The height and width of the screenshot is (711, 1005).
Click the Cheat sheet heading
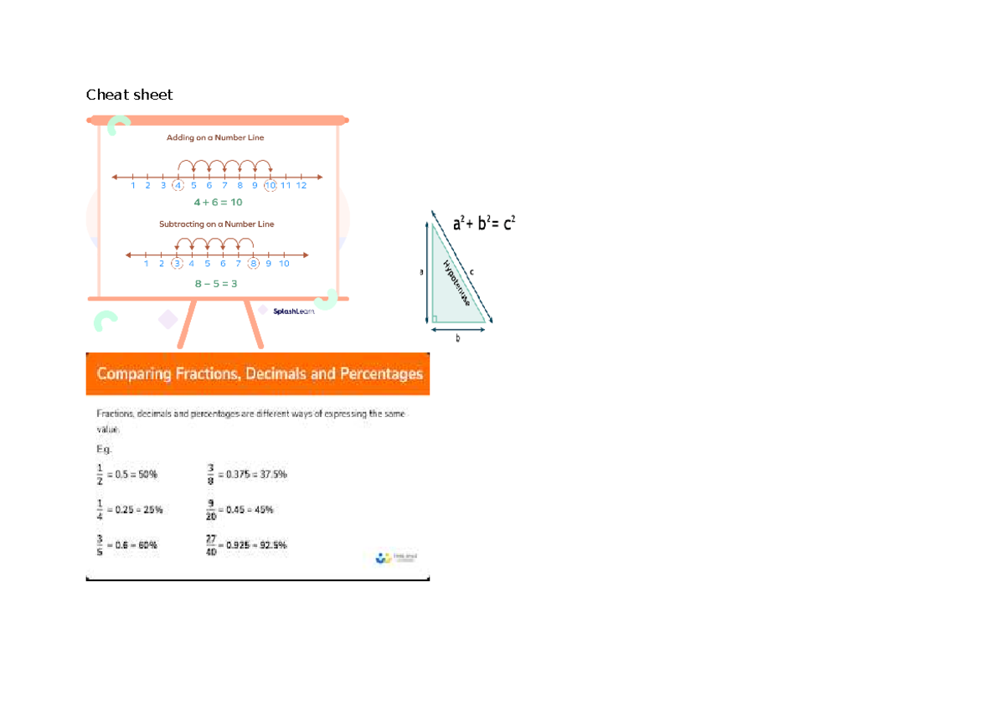[129, 95]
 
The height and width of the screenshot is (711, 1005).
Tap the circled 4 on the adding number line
[178, 186]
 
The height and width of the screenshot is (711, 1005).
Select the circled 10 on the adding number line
[270, 186]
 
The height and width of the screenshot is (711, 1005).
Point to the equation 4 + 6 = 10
[218, 203]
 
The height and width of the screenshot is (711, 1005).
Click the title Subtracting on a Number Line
[217, 224]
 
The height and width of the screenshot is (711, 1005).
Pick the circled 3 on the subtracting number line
[177, 263]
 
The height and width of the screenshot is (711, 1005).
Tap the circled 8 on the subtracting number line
[253, 263]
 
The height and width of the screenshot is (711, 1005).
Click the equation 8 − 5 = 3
[216, 284]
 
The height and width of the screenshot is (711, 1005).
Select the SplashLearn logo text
[293, 312]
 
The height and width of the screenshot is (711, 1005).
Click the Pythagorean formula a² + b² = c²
[484, 224]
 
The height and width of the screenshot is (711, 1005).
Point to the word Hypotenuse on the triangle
[456, 285]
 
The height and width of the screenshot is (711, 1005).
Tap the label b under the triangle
[458, 339]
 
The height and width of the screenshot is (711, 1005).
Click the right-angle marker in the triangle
[435, 318]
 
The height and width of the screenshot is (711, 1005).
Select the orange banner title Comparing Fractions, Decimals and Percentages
[260, 374]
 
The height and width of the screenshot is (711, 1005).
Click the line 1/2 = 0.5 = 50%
[126, 475]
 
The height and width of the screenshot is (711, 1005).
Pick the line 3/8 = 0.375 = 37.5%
[247, 475]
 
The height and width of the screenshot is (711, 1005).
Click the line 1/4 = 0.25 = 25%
[129, 509]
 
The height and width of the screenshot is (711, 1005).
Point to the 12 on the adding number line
[301, 186]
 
